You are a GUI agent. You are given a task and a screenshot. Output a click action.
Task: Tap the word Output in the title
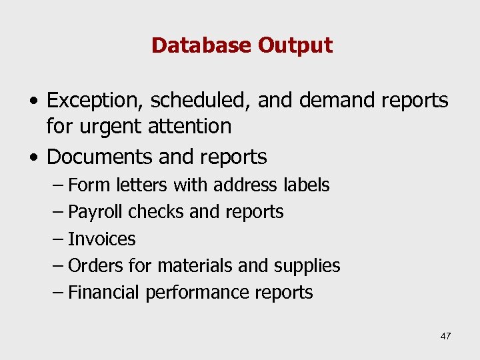295,45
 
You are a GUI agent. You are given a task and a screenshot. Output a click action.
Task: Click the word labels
305,185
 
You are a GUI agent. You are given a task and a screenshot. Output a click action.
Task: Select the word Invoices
102,239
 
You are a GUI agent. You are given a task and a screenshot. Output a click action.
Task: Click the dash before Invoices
58,239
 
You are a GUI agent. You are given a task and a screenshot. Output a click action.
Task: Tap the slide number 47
445,336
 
